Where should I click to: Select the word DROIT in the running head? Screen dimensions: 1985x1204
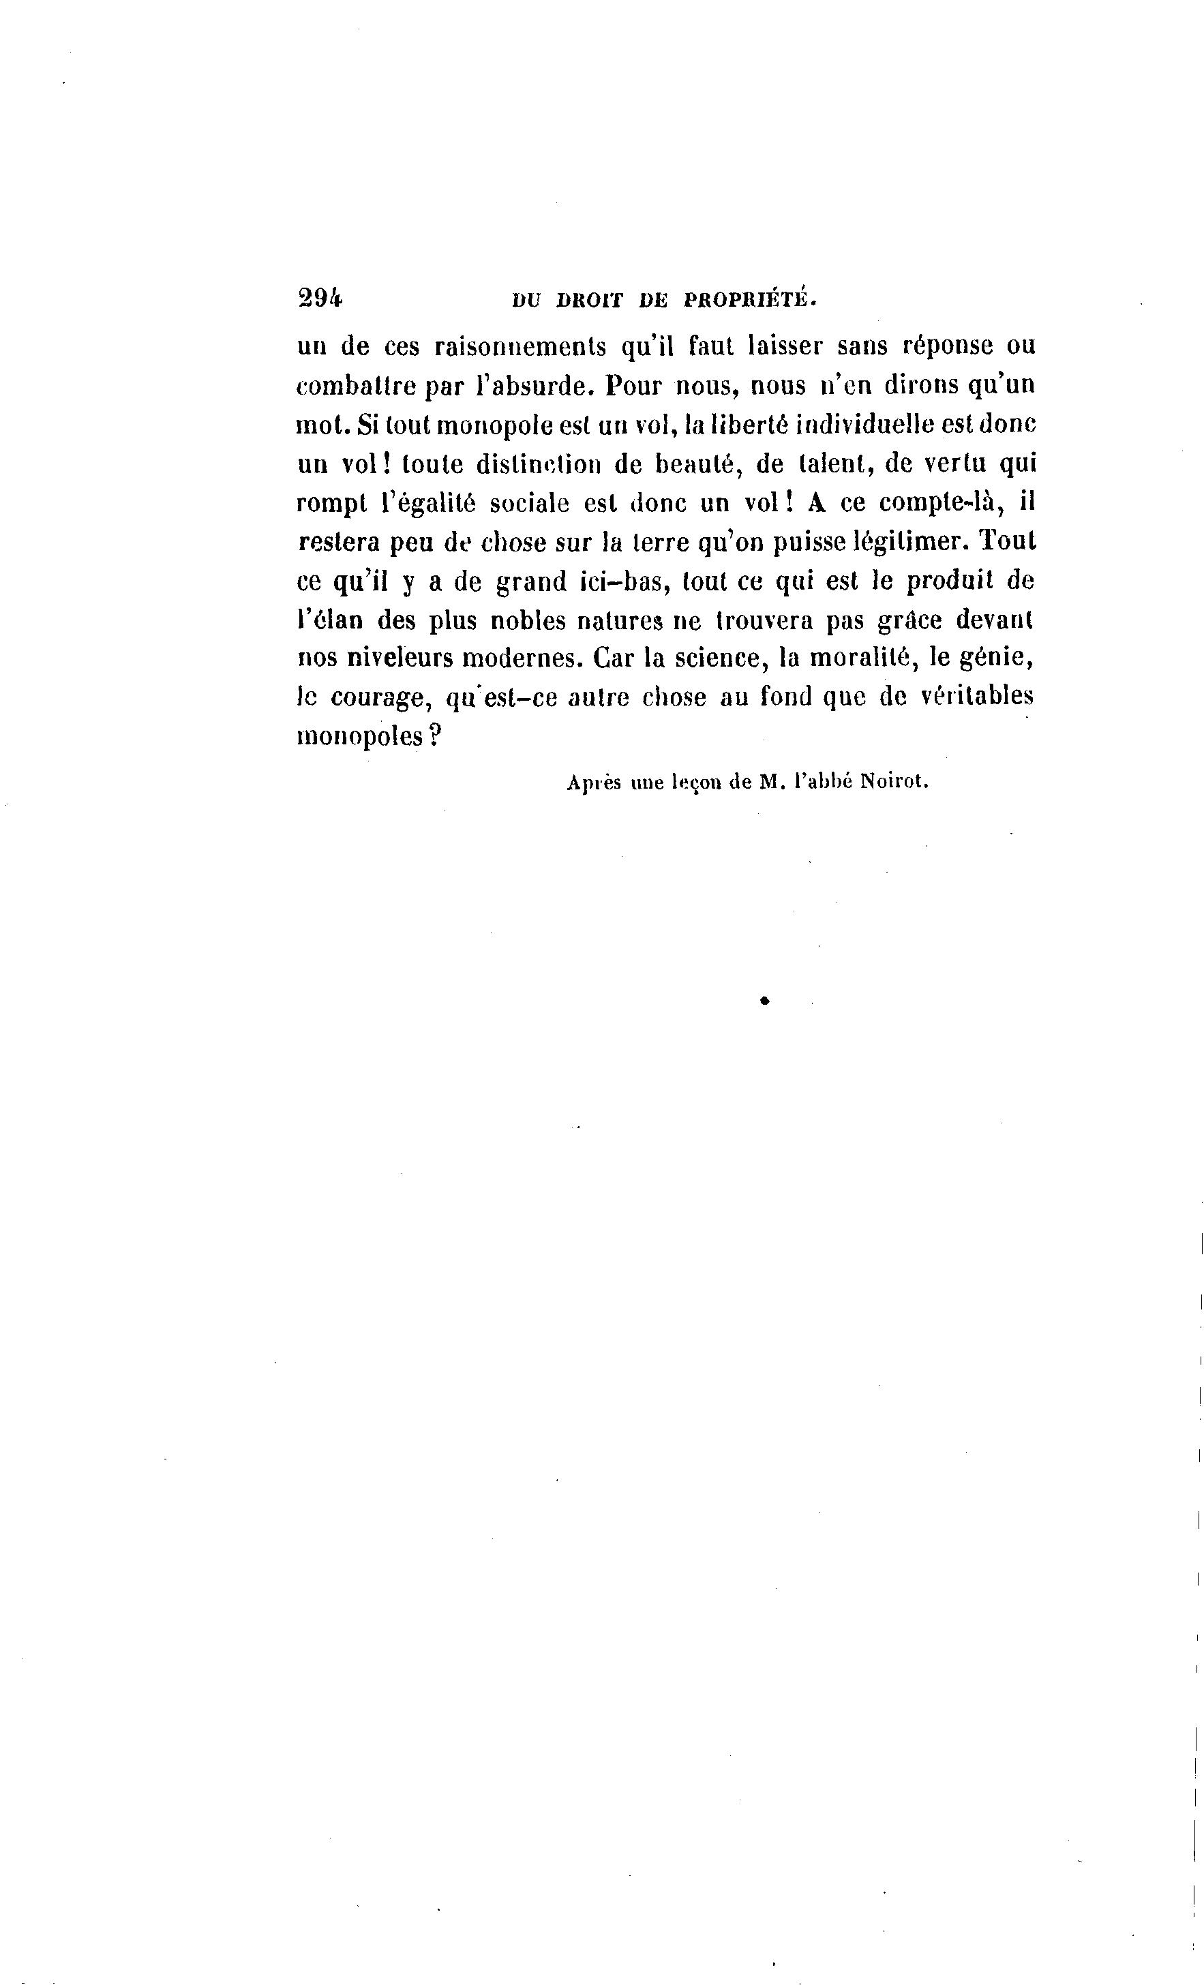590,301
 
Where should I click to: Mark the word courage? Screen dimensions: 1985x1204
376,697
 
